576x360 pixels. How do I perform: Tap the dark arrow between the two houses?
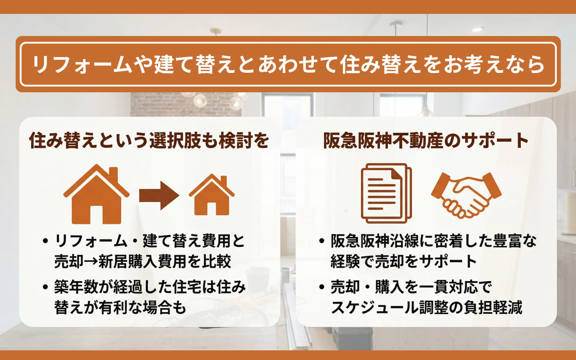pyautogui.click(x=159, y=195)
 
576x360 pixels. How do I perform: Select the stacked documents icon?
pyautogui.click(x=386, y=193)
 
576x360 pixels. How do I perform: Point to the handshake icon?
pyautogui.click(x=466, y=195)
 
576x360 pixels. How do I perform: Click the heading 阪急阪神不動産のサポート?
pyautogui.click(x=426, y=141)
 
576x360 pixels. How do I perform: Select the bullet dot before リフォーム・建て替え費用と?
pyautogui.click(x=45, y=241)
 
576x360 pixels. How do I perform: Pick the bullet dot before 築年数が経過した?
pyautogui.click(x=45, y=287)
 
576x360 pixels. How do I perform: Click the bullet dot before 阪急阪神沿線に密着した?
pyautogui.click(x=322, y=241)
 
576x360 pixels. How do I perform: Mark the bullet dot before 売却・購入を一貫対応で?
pyautogui.click(x=322, y=287)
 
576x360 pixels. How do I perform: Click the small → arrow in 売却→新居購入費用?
pyautogui.click(x=91, y=261)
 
